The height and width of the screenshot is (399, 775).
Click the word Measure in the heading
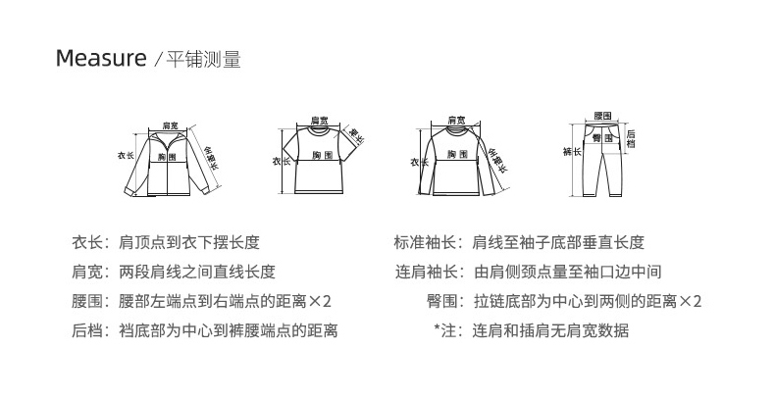click(x=100, y=59)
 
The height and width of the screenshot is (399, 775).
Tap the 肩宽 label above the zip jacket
click(x=171, y=125)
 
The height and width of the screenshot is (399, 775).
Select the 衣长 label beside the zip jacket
click(x=126, y=155)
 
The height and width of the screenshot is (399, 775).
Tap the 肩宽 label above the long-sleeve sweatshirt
click(x=456, y=120)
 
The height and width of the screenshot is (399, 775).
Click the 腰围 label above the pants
click(x=602, y=115)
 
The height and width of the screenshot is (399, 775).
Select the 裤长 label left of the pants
click(x=570, y=152)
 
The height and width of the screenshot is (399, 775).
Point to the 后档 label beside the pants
click(x=631, y=139)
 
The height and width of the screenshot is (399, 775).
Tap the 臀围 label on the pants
click(x=601, y=139)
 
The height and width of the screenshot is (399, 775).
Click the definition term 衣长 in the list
click(x=85, y=242)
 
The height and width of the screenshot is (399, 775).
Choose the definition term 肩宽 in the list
click(x=85, y=272)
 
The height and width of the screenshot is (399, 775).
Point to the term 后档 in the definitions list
click(x=85, y=330)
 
